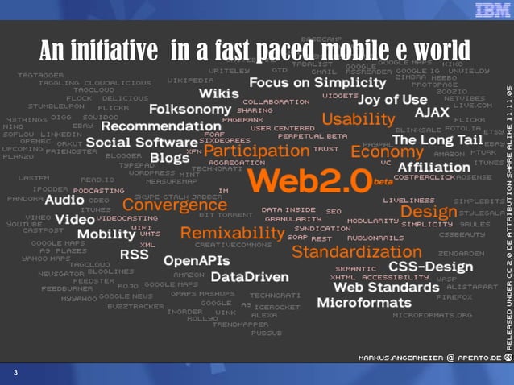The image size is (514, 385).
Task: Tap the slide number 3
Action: pyautogui.click(x=15, y=373)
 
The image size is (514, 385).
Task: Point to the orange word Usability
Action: pyautogui.click(x=358, y=119)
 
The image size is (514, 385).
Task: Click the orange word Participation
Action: pyautogui.click(x=256, y=150)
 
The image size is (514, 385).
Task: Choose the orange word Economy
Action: pyautogui.click(x=387, y=151)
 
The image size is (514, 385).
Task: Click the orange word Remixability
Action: pyautogui.click(x=232, y=233)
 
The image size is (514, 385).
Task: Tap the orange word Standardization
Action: pyautogui.click(x=345, y=251)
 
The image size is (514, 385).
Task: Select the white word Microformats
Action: pyautogui.click(x=364, y=303)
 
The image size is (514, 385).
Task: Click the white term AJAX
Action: pyautogui.click(x=432, y=112)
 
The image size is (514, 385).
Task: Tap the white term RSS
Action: pyautogui.click(x=134, y=254)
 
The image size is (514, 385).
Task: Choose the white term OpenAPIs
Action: pyautogui.click(x=196, y=260)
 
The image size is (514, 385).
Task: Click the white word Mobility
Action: pyautogui.click(x=106, y=234)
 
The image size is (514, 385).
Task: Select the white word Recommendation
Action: pyautogui.click(x=149, y=126)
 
